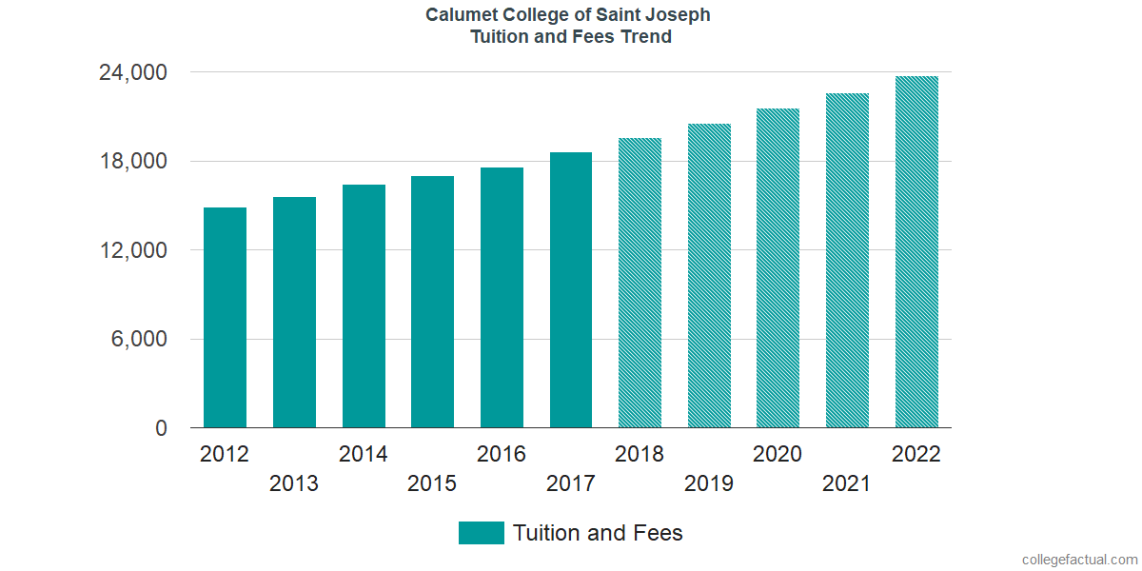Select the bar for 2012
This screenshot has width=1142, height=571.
pos(225,318)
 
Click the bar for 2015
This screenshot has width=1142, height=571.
pos(432,303)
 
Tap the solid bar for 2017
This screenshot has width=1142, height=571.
pos(571,290)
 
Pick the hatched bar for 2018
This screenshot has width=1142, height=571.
pos(640,284)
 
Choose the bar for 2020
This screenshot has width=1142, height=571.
pos(778,268)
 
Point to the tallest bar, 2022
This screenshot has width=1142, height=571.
pos(916,252)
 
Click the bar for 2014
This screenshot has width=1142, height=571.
pos(364,306)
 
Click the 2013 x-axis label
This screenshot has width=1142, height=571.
pos(294,483)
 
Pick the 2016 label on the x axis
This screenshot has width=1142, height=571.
pos(502,454)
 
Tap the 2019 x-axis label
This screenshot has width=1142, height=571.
pos(709,483)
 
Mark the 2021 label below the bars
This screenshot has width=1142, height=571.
pos(847,483)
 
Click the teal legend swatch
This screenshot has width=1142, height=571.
pos(481,533)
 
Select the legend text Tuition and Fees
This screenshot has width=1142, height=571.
pos(598,533)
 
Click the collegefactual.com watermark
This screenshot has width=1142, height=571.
pos(1079,560)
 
